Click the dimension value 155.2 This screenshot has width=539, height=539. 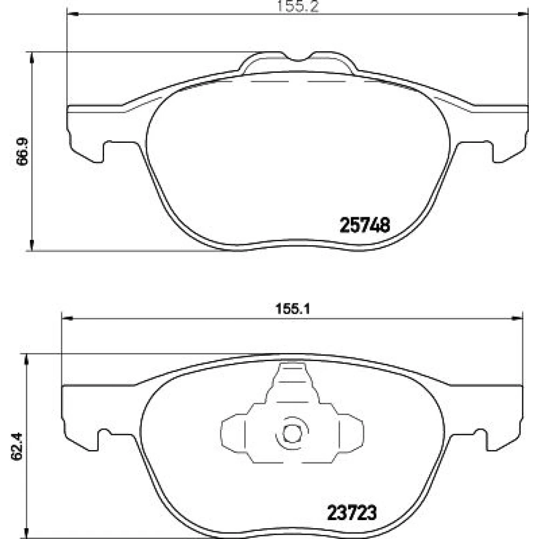pyautogui.click(x=298, y=6)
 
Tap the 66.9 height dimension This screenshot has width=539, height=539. pyautogui.click(x=23, y=151)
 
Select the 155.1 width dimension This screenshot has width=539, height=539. pyautogui.click(x=293, y=309)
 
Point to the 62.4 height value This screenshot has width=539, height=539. pyautogui.click(x=17, y=446)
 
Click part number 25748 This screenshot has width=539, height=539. pyautogui.click(x=365, y=225)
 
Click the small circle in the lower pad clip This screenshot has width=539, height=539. pyautogui.click(x=292, y=434)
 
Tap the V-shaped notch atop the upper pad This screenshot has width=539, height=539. pyautogui.click(x=298, y=58)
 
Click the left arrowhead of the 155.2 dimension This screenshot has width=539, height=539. pyautogui.click(x=73, y=14)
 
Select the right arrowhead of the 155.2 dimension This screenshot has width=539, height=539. pyautogui.click(x=522, y=14)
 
